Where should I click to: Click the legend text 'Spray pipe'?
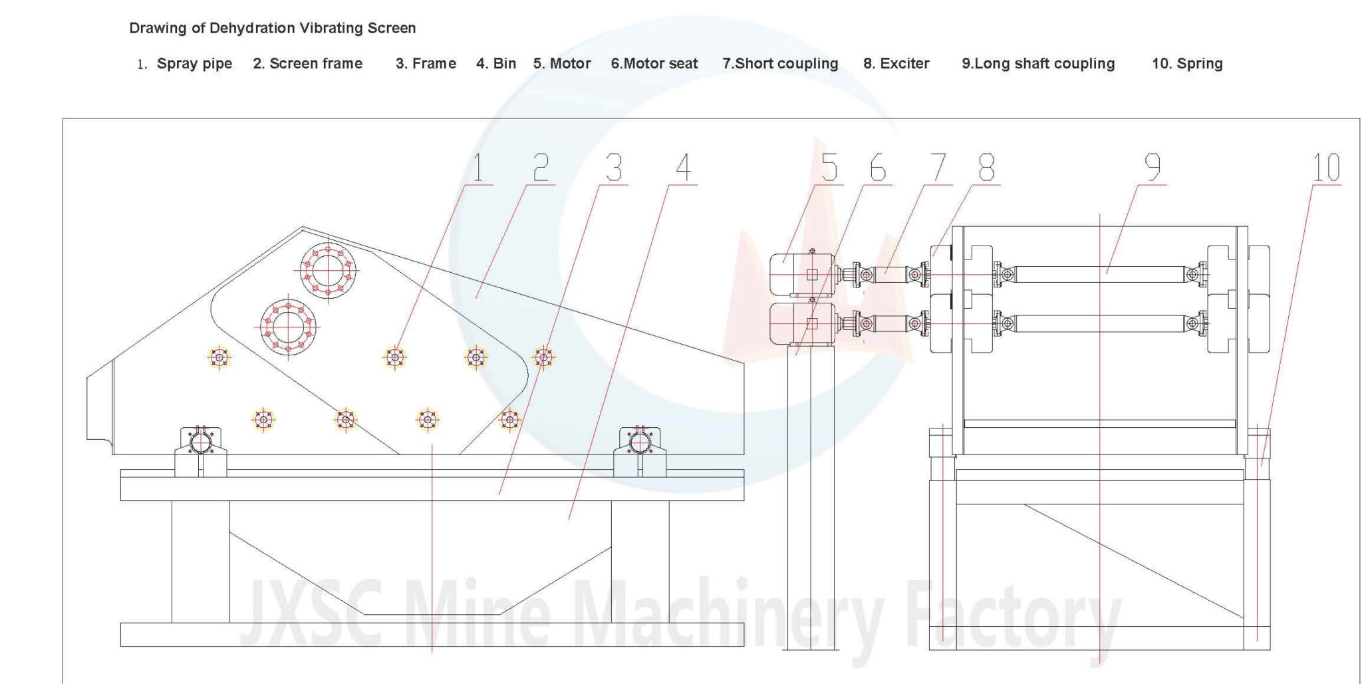point(194,64)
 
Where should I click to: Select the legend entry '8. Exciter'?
point(896,64)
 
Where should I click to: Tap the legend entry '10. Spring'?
point(1187,64)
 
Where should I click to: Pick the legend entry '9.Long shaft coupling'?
point(1038,64)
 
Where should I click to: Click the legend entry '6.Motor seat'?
point(654,64)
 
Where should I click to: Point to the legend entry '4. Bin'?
point(496,64)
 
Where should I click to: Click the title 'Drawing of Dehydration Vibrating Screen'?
point(273,28)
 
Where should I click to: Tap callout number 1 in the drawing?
point(477,167)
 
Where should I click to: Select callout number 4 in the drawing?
point(683,167)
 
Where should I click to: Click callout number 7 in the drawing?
point(938,167)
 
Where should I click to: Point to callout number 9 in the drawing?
point(1153,167)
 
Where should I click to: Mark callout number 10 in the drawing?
point(1326,167)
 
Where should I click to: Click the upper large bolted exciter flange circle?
point(328,271)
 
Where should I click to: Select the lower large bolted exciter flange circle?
point(289,327)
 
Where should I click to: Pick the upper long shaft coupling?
point(1101,274)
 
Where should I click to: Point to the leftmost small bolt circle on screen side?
point(219,358)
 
